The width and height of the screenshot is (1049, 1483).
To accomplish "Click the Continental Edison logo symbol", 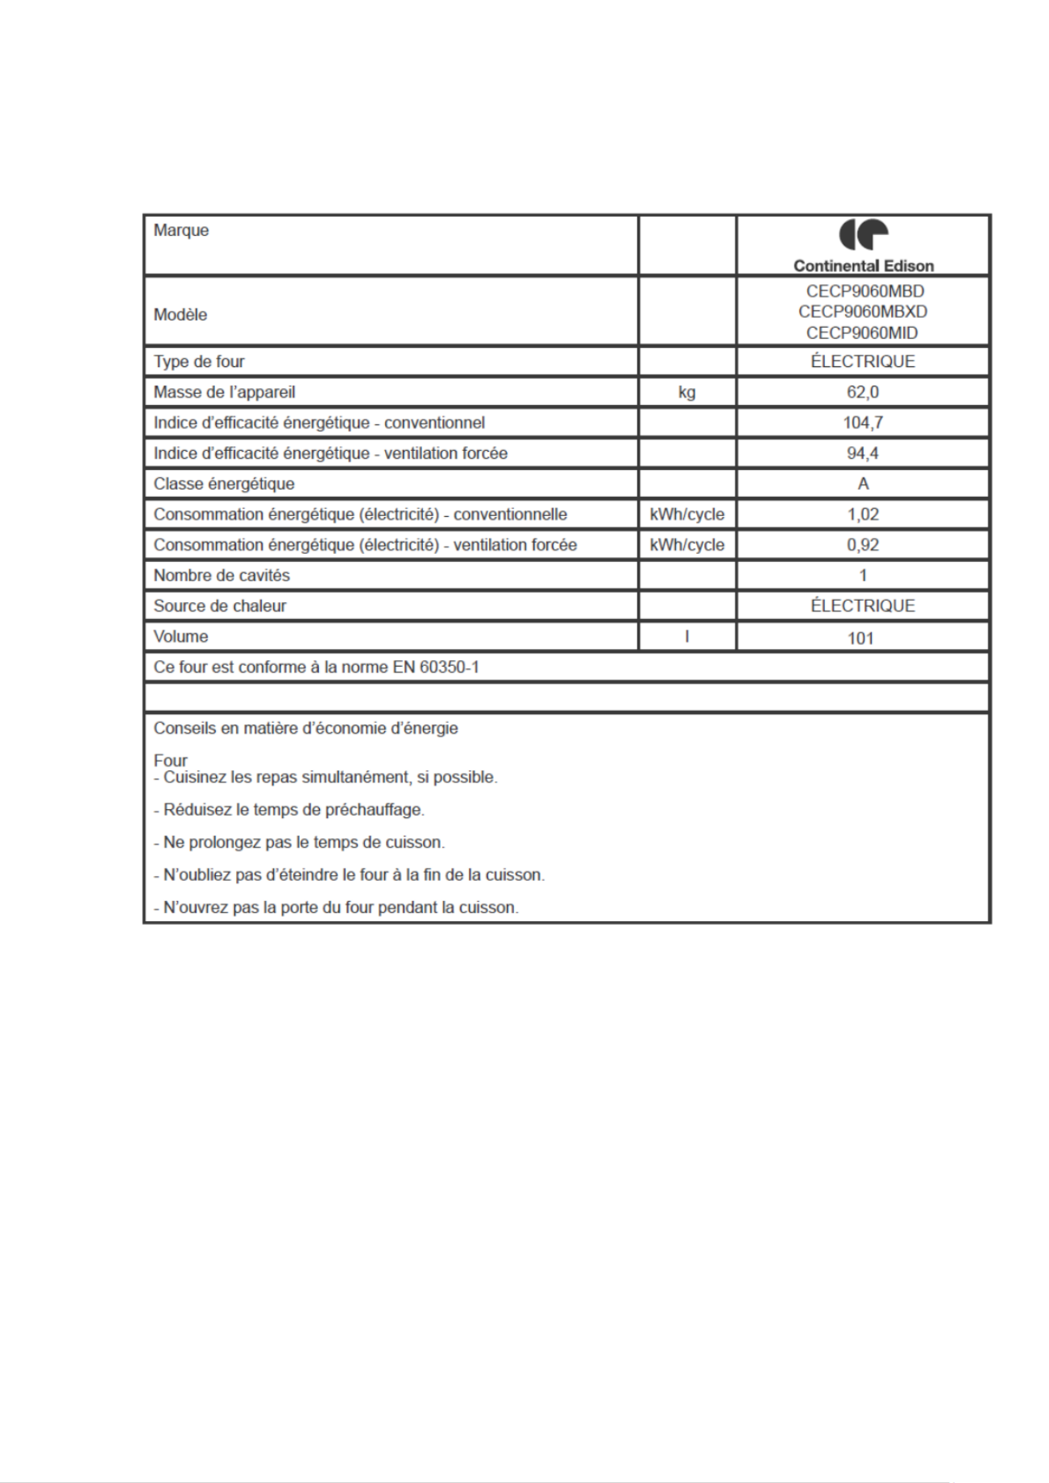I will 863,235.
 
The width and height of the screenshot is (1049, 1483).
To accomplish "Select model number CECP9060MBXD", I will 862,312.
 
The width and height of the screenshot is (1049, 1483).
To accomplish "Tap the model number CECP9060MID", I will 862,333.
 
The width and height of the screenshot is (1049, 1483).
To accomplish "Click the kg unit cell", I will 686,392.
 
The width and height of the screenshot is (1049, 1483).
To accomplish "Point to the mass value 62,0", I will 862,392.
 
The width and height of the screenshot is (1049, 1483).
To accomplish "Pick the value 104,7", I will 862,423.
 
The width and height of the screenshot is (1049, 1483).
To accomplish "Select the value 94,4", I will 862,453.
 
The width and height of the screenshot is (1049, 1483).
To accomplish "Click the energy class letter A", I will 863,484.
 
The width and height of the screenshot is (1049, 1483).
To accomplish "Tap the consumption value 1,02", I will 862,514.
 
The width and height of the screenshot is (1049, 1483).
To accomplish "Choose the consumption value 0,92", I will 862,545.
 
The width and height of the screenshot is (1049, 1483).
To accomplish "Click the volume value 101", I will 860,638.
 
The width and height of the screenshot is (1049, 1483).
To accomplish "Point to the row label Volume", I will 180,637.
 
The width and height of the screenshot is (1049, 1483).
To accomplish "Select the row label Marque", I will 181,230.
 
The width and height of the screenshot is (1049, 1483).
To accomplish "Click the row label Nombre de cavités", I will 222,576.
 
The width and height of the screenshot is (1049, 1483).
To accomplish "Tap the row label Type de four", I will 199,361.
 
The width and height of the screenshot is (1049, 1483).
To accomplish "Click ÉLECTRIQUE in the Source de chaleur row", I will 862,606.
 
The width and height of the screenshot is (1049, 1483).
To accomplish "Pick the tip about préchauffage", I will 289,810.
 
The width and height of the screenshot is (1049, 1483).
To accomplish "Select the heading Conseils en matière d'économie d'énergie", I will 306,729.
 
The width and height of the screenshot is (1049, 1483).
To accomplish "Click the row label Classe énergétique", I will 224,484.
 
